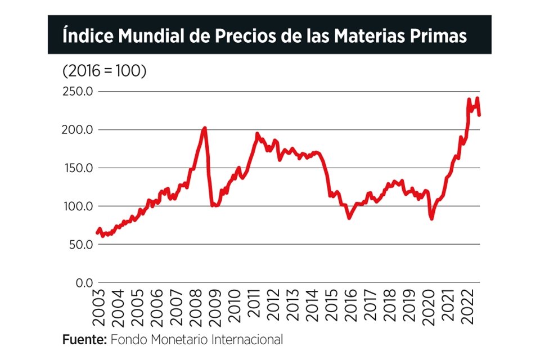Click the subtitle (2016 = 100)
[104, 72]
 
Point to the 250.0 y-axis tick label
[77, 91]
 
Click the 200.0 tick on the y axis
[77, 129]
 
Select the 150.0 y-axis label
[77, 168]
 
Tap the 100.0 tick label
[77, 206]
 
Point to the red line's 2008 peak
[204, 128]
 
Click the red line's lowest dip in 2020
[431, 218]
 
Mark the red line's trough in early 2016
[349, 218]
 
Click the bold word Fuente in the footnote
[84, 340]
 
